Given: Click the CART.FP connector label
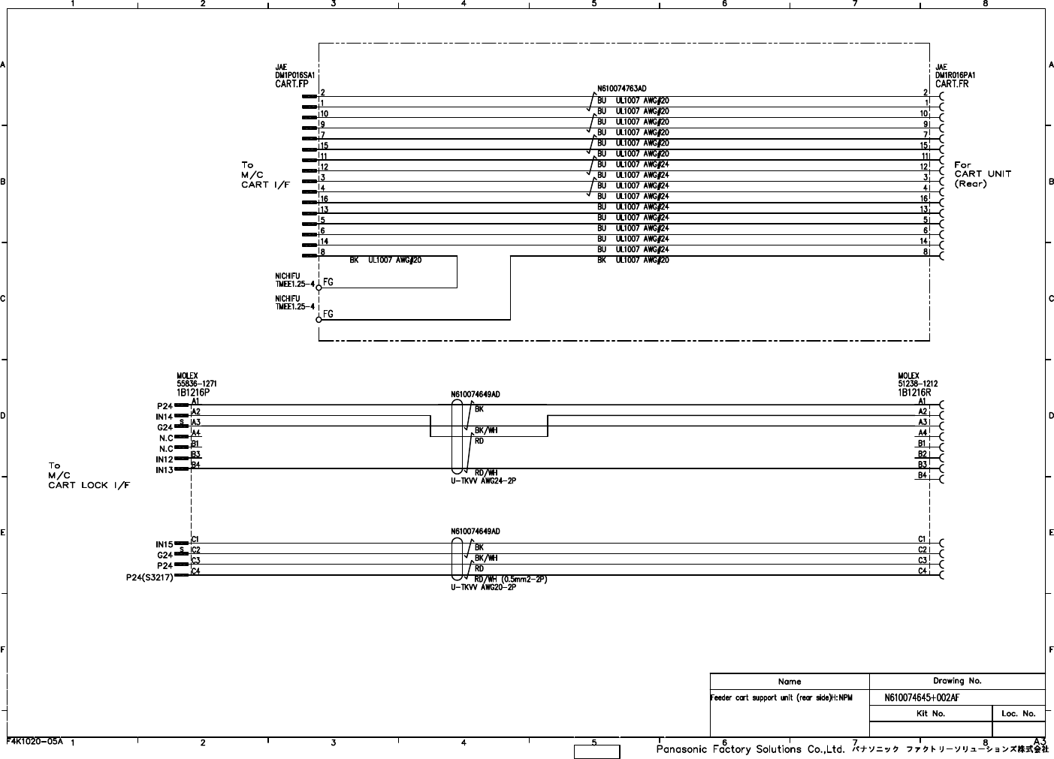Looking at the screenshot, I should coord(291,84).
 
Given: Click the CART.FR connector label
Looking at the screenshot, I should coord(952,84).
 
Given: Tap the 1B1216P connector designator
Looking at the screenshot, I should coord(194,393).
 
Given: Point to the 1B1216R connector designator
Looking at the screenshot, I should coord(914,393).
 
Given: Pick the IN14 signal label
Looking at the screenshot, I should coord(165,417).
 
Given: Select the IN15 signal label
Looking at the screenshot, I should coord(165,544).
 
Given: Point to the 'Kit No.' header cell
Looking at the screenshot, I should coord(930,713).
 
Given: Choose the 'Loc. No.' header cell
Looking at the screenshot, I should coord(1018,713).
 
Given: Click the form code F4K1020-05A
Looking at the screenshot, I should coord(35,740).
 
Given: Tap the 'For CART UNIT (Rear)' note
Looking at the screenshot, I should coord(982,174).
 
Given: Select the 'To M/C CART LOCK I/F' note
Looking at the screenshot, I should coord(89,475).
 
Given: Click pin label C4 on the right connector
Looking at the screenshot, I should coord(922,571).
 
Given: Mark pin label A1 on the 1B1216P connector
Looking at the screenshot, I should coord(196,402).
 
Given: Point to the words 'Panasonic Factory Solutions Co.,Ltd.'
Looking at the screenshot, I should coord(751,749).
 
